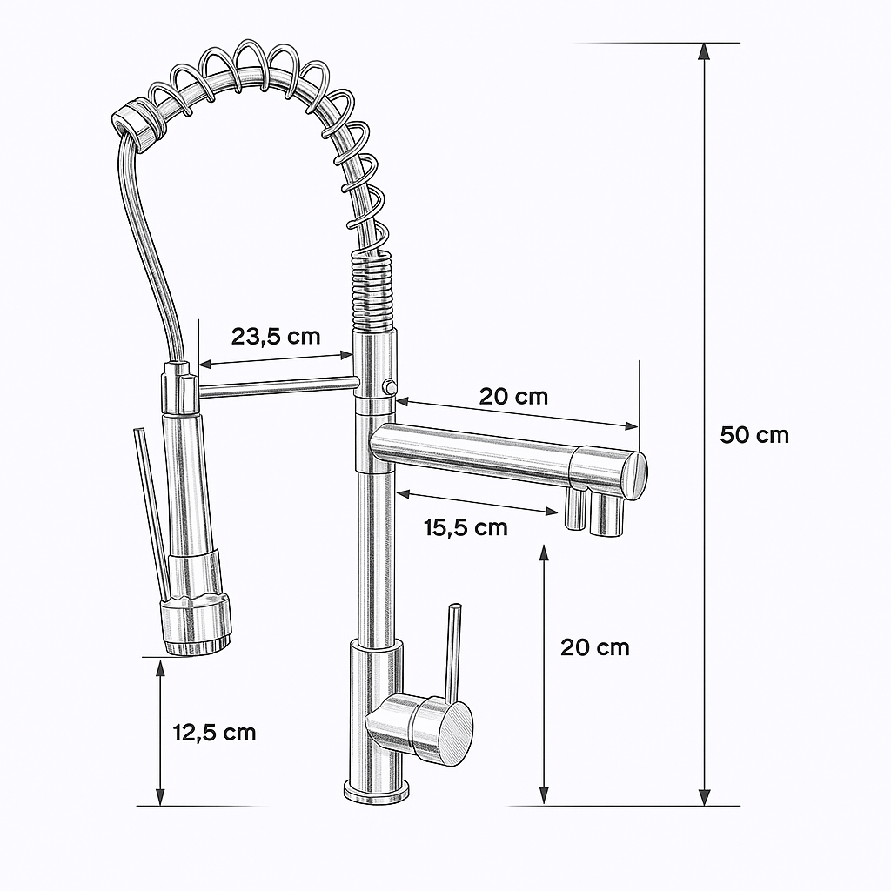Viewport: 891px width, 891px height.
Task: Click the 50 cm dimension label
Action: click(754, 434)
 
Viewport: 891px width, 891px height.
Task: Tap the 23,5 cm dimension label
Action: click(275, 336)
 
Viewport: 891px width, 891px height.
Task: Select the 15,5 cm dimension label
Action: click(466, 526)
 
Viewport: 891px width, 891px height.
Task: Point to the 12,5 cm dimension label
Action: click(215, 732)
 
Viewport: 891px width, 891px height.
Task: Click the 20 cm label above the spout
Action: click(513, 397)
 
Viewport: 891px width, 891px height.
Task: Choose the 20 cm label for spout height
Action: click(594, 646)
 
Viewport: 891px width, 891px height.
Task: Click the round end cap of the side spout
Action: click(634, 475)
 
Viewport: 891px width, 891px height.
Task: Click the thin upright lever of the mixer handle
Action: click(452, 653)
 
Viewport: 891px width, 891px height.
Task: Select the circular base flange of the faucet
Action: click(377, 792)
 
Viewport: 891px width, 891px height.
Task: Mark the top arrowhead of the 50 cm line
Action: click(704, 50)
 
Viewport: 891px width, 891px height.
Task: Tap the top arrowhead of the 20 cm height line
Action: click(544, 554)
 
